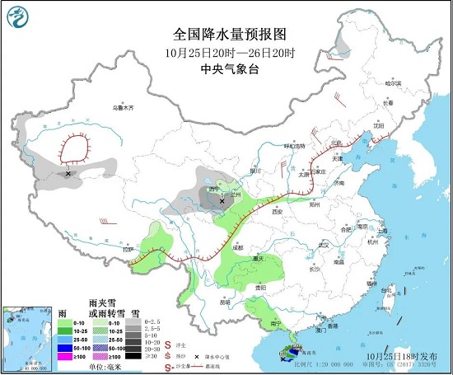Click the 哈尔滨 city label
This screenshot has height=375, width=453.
(x=395, y=83)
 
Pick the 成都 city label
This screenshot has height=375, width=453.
(x=238, y=246)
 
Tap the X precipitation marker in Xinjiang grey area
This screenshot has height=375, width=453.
(x=68, y=173)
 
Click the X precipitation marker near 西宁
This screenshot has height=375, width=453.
(x=222, y=200)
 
